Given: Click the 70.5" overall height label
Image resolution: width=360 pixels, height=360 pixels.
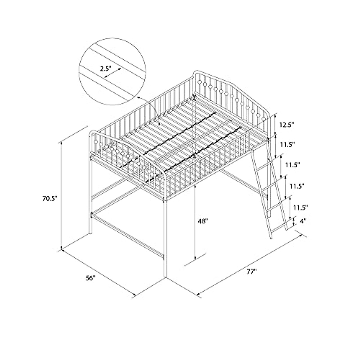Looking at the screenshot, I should (x=49, y=199).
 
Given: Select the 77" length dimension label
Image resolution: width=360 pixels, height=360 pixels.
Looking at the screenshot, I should (x=251, y=272).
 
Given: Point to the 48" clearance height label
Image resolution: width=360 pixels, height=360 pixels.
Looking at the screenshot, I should (x=203, y=221).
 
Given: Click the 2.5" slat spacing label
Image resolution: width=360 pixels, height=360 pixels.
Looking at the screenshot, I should (x=106, y=68).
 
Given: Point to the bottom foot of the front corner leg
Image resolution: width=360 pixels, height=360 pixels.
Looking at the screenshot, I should (x=165, y=276).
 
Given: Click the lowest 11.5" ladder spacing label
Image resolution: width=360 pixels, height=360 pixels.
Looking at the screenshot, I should (x=301, y=207).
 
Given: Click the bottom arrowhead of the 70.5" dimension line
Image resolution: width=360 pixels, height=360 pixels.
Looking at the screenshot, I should (x=62, y=247).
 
